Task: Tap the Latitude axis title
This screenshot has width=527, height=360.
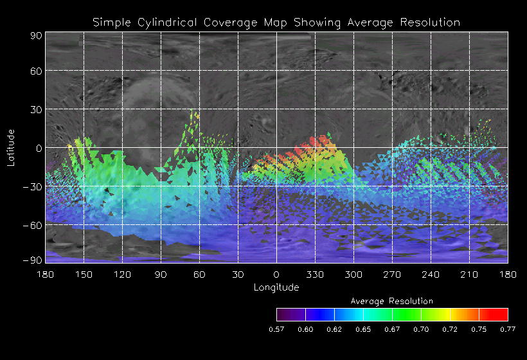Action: (x=10, y=147)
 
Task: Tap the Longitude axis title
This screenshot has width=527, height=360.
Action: (x=276, y=287)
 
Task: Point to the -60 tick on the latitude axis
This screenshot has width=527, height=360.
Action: (x=33, y=224)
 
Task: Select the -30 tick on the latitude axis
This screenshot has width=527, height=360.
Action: (x=33, y=186)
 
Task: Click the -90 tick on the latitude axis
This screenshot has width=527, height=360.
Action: (x=33, y=260)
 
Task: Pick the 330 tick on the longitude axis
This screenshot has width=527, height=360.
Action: (x=315, y=274)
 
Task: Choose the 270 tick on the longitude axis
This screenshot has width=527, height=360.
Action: (x=392, y=274)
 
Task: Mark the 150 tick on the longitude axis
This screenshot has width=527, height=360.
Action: (x=84, y=274)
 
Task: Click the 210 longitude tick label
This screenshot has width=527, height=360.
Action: (x=469, y=274)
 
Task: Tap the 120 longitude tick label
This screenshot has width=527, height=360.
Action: (x=123, y=274)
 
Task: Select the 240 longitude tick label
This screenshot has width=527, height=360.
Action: (x=431, y=274)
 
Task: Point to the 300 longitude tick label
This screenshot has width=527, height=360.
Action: (x=353, y=274)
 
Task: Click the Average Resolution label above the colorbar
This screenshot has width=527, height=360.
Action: (x=391, y=301)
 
